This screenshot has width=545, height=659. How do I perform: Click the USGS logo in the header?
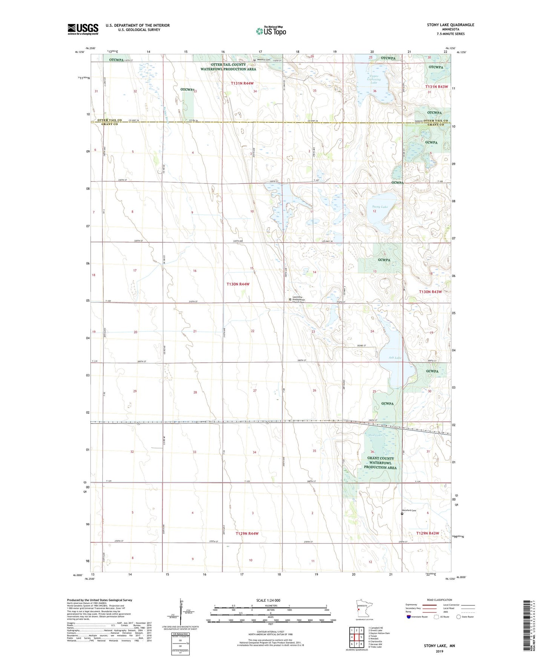coord(83,29)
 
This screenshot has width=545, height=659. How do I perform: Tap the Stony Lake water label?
coord(379,207)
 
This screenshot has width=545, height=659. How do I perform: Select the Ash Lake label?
coord(395,357)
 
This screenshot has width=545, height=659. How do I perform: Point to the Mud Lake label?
coord(375,435)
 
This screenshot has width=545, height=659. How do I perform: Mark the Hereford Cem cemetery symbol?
coord(402,513)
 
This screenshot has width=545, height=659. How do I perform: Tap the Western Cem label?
coord(263,60)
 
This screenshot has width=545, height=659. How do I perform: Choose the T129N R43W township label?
coord(427,533)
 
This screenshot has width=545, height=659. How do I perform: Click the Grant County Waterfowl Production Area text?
coord(380,463)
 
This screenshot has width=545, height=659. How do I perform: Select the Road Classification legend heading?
coord(439,600)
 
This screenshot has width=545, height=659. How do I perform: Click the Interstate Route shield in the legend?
coord(409,617)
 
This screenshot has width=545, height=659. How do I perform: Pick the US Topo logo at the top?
coord(271,31)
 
